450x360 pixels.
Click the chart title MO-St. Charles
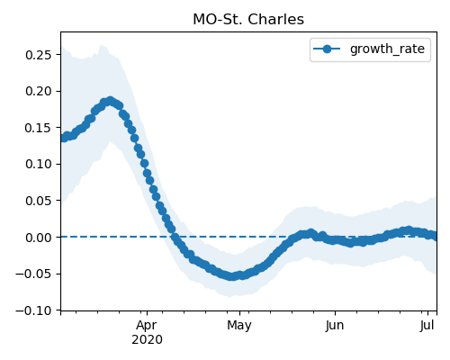pos(248,20)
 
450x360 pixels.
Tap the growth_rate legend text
pos(387,49)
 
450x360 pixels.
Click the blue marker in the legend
pos(327,49)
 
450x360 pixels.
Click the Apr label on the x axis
pos(147,326)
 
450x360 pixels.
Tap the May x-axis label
pos(239,326)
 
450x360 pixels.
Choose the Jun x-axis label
pos(335,326)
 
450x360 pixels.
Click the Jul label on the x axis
pos(427,326)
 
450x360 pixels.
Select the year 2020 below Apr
pos(147,340)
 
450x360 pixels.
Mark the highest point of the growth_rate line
pos(111,101)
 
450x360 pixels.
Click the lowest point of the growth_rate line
pos(231,276)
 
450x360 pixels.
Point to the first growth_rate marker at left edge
pos(63,138)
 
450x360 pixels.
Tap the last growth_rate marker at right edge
pos(434,237)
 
